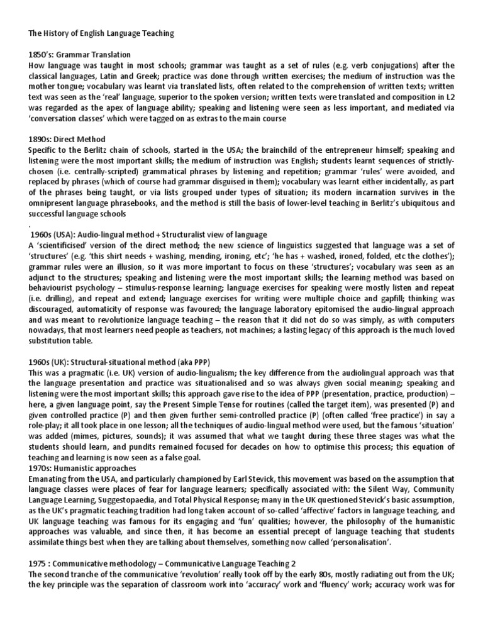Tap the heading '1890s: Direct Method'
click(x=67, y=139)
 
